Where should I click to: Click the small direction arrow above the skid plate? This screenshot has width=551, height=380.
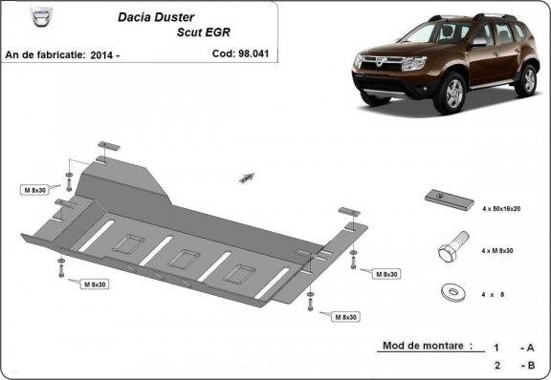tap(247, 178)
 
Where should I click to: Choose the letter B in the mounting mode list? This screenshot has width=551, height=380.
tap(530, 365)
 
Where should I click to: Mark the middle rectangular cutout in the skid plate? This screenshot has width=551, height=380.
tap(183, 259)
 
